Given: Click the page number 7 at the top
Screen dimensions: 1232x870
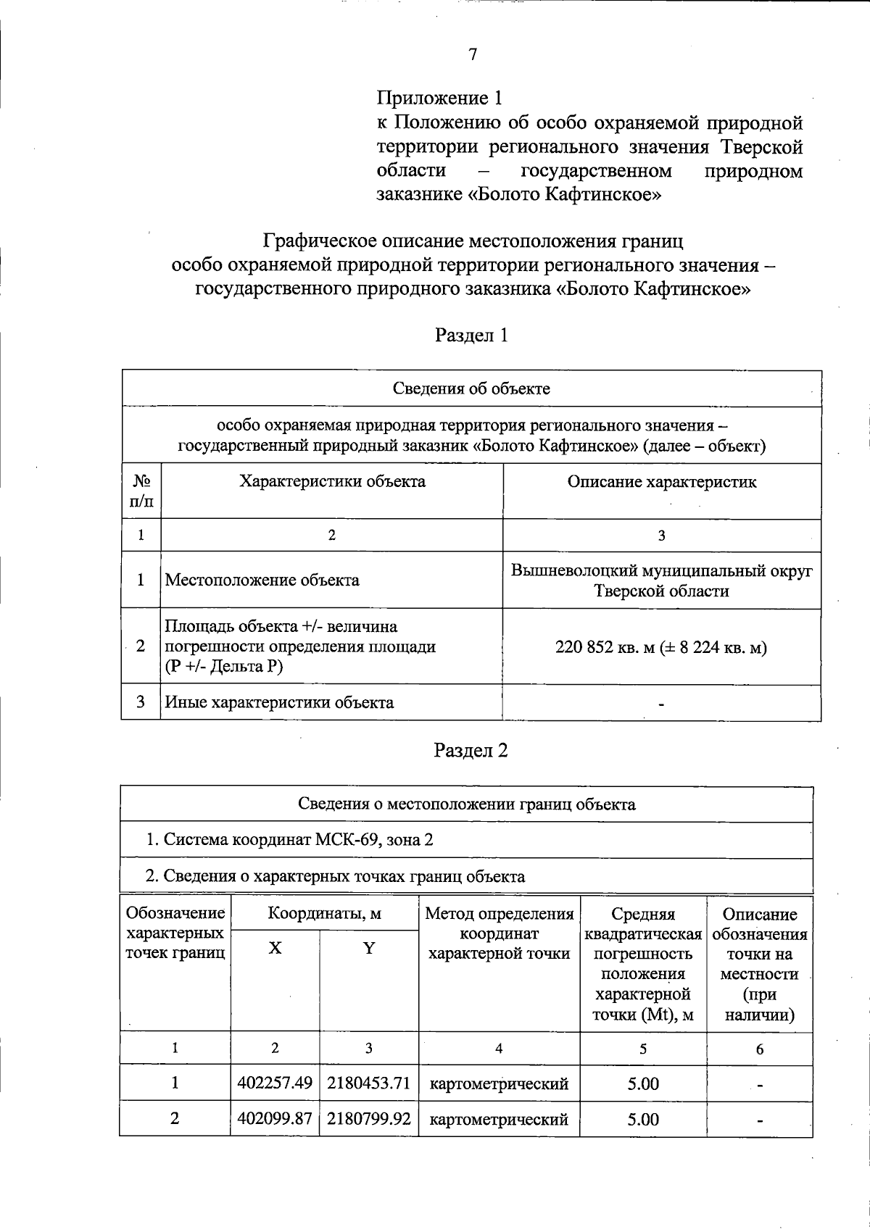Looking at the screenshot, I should click(472, 54).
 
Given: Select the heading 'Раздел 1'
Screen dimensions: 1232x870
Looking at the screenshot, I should click(471, 335).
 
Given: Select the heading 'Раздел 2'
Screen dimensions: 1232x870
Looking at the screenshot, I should click(471, 750).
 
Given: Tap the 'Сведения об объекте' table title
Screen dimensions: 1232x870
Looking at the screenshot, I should click(471, 388).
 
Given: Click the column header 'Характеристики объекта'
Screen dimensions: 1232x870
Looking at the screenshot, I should click(332, 482).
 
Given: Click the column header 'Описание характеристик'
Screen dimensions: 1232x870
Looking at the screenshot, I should click(661, 482).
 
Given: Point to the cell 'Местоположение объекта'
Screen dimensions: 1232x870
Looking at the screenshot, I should click(262, 580).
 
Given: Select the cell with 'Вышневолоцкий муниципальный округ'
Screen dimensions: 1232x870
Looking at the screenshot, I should click(661, 571).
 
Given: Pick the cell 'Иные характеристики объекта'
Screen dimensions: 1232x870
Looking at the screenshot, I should click(279, 702).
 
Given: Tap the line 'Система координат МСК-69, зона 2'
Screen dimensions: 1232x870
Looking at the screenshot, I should click(290, 840).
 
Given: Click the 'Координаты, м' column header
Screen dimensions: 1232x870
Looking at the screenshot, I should click(324, 913).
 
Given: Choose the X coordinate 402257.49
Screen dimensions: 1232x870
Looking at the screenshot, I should click(275, 1083).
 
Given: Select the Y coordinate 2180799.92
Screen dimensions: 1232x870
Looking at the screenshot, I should click(369, 1119).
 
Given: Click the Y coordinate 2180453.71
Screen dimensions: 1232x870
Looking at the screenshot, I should click(369, 1083).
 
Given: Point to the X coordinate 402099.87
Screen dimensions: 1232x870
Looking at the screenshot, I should click(275, 1119).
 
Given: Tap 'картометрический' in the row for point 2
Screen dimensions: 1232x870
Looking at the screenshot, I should click(499, 1119).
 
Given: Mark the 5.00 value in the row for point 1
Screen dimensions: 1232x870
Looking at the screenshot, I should click(643, 1083).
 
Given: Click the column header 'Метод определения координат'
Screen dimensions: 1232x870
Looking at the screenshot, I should click(499, 933).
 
